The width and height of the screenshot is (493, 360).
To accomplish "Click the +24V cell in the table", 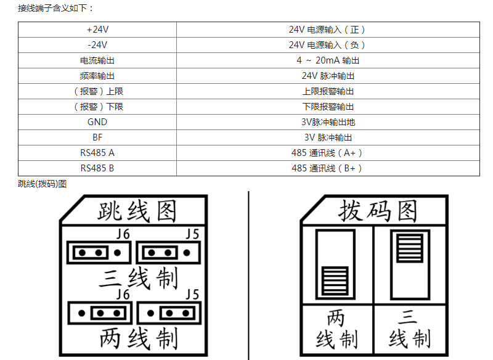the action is (x=97, y=30).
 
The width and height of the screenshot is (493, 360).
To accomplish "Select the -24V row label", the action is (x=97, y=45).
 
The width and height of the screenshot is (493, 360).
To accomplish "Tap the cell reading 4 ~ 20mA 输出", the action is (x=328, y=60).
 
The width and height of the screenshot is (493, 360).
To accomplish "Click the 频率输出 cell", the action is (x=97, y=76).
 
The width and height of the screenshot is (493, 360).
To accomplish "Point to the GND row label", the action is (x=97, y=122).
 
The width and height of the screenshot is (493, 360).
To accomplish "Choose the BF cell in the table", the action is (x=97, y=137).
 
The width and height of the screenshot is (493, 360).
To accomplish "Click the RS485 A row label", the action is (x=97, y=153).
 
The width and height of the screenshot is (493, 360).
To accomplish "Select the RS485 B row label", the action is (x=97, y=168).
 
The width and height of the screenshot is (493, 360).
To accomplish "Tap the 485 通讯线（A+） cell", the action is (x=327, y=153).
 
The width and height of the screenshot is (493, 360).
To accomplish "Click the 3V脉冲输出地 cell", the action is (x=328, y=122).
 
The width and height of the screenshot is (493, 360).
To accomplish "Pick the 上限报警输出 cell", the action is (x=328, y=91).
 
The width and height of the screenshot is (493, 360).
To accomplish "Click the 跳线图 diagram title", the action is (x=137, y=211).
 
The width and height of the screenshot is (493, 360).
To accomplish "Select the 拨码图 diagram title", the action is (x=378, y=211).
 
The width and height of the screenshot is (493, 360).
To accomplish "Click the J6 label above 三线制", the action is (x=123, y=234).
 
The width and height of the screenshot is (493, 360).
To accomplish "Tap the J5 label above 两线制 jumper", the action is (x=192, y=295).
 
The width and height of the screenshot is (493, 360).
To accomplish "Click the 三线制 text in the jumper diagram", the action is (x=138, y=278).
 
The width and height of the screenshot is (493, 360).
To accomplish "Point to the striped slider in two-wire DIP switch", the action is (x=335, y=280).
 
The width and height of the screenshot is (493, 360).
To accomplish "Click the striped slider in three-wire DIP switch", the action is (x=410, y=248).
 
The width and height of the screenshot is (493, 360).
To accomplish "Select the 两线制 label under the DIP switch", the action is (x=336, y=329).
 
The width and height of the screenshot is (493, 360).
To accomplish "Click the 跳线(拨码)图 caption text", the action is (x=42, y=184).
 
